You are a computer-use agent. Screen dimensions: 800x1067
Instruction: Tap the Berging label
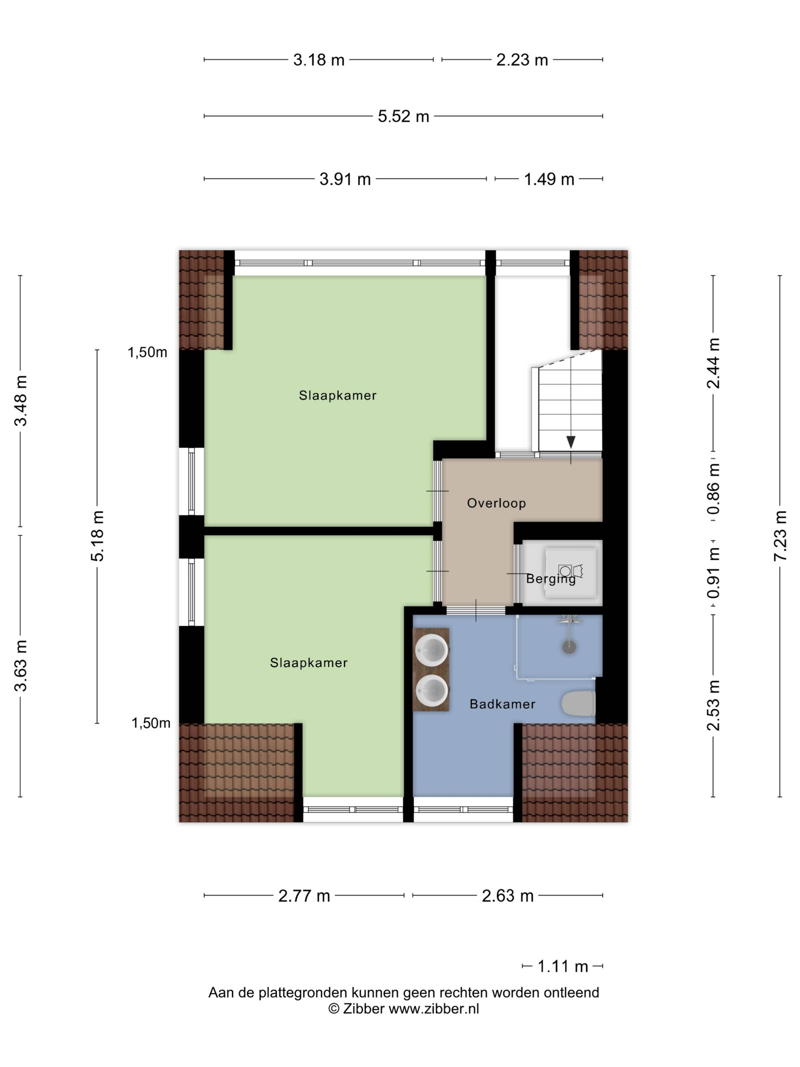[x=551, y=579]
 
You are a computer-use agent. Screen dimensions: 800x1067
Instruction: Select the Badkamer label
[x=502, y=704]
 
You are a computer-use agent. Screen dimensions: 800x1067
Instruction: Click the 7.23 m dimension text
[x=780, y=535]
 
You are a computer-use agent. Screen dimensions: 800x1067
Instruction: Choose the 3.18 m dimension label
[x=319, y=60]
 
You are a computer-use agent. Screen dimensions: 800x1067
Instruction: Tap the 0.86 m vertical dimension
[x=713, y=489]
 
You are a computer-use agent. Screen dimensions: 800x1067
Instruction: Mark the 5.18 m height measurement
[x=97, y=536]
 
